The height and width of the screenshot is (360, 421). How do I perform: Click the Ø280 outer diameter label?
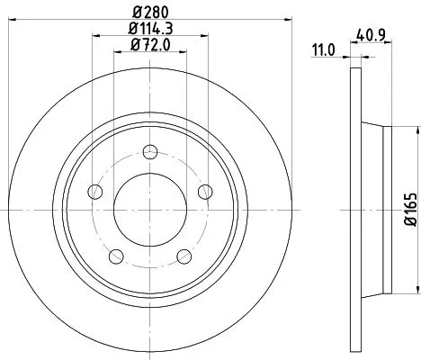[x=149, y=10]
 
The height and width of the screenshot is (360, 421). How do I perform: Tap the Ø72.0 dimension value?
[x=149, y=45]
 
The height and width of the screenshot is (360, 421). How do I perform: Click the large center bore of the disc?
[x=149, y=208]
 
